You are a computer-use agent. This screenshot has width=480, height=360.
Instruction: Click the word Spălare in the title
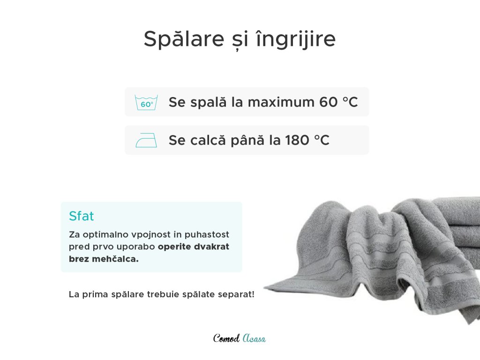click(184, 39)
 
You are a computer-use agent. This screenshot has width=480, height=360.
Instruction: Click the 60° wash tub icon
click(146, 102)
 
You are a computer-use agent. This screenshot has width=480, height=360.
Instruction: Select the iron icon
click(146, 140)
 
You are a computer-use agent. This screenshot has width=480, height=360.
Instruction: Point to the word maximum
click(281, 102)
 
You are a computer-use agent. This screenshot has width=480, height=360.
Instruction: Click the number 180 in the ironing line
click(297, 140)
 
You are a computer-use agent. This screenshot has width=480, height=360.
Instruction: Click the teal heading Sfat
click(82, 216)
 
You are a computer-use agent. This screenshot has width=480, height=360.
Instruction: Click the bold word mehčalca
click(115, 259)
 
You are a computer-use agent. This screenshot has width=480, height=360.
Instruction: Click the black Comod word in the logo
click(226, 338)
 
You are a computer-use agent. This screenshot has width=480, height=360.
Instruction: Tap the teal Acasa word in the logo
click(254, 338)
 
